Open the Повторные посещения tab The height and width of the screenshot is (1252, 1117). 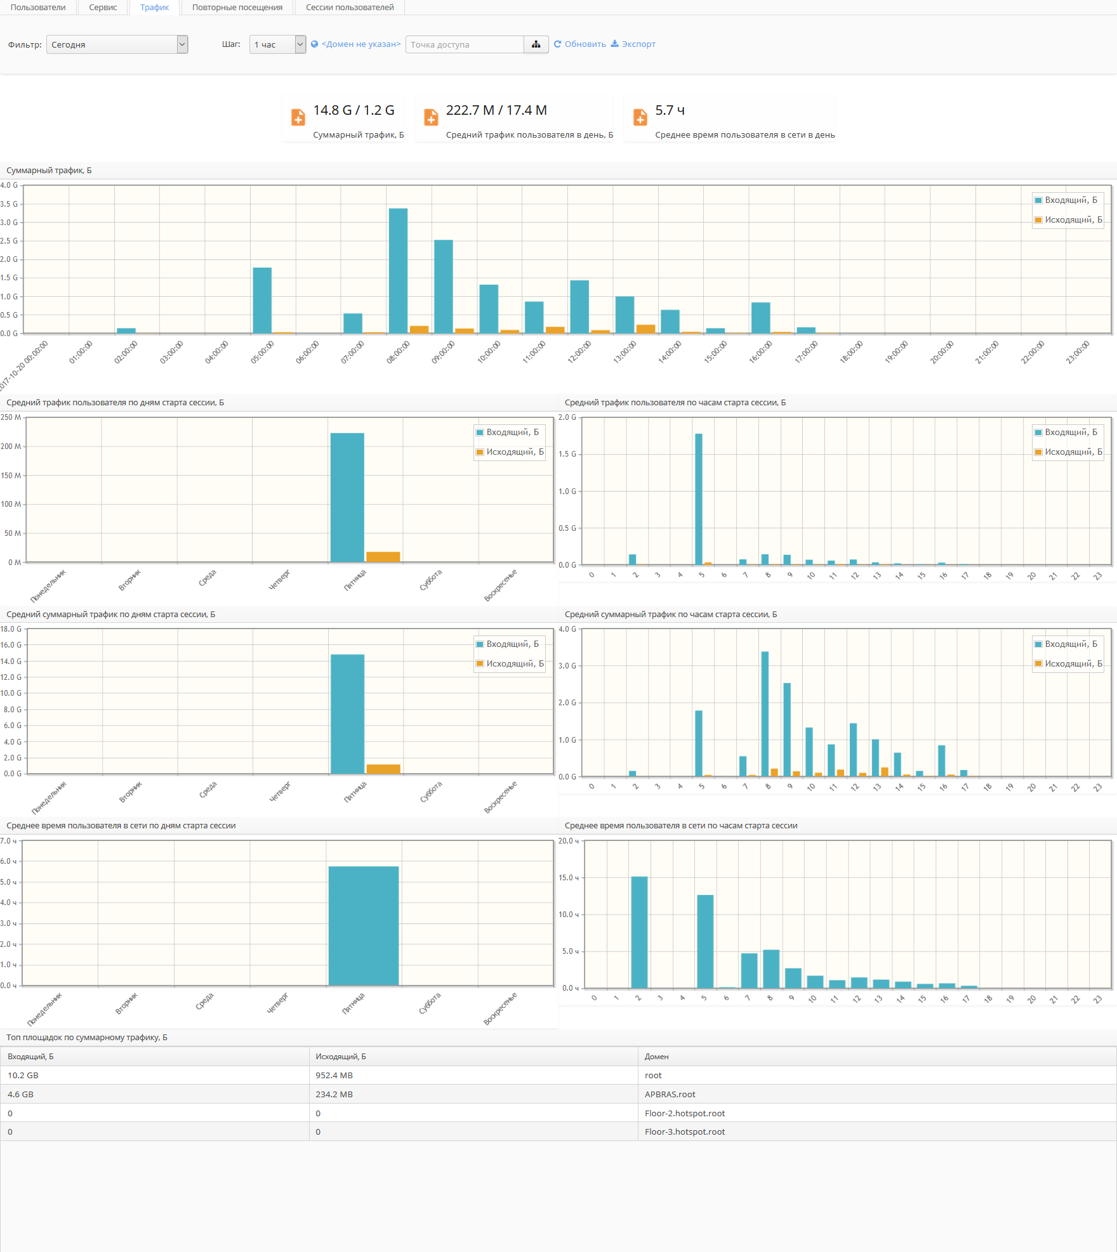tap(237, 8)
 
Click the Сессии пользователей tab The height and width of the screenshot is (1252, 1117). tap(350, 8)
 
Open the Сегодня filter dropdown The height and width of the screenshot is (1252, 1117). tap(117, 44)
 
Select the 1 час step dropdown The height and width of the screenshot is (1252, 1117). tap(278, 44)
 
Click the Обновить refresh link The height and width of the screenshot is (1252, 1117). tap(580, 44)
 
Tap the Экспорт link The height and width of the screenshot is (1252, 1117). tap(633, 44)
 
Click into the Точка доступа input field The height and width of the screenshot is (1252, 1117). tap(465, 44)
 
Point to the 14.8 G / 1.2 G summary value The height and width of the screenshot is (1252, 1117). tap(354, 110)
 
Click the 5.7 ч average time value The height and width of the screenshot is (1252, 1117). tap(670, 110)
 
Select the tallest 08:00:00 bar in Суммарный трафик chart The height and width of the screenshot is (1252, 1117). tap(398, 271)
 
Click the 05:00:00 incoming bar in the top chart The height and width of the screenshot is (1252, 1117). tap(262, 300)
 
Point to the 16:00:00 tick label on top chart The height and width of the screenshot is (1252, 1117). tap(760, 352)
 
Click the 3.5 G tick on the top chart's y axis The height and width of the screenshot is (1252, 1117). tap(9, 204)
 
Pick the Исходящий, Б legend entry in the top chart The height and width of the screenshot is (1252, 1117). tap(1069, 220)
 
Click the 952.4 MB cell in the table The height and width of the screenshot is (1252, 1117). tap(334, 1076)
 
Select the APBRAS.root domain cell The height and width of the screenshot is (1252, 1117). tap(670, 1095)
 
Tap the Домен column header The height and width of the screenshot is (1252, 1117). tap(656, 1057)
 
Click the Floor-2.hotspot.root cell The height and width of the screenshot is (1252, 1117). tap(684, 1114)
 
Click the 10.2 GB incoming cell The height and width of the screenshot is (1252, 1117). tap(23, 1076)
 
